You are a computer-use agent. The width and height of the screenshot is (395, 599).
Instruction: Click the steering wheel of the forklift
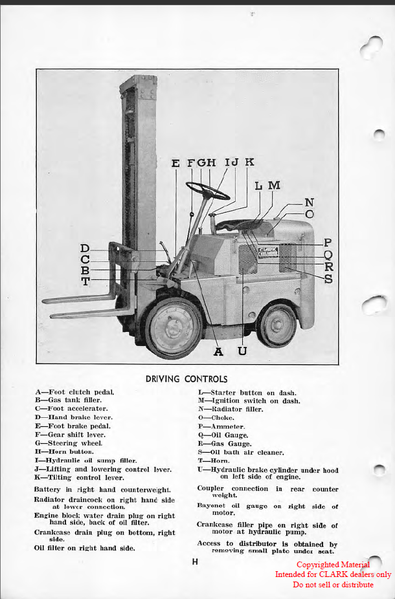[207, 191]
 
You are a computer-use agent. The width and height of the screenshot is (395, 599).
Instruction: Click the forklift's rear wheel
[276, 325]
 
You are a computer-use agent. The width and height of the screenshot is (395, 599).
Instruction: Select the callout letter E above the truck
[175, 163]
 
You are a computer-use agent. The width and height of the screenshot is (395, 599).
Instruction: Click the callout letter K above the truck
[249, 162]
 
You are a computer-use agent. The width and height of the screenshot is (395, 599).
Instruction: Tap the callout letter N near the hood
[310, 202]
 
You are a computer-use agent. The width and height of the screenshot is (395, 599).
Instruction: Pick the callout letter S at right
[328, 279]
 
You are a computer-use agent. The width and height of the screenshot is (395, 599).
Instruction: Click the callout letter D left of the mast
[85, 248]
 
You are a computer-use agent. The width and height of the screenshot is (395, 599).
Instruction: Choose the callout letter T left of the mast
[85, 281]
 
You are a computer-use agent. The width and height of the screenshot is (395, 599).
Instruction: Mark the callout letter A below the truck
[218, 351]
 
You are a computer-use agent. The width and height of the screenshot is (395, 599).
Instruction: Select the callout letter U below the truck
[242, 351]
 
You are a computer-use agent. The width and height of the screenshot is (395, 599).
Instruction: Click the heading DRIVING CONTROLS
[186, 378]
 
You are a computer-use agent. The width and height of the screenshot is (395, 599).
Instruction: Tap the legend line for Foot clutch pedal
[75, 392]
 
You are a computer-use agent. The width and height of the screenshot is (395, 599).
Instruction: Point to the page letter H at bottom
[195, 561]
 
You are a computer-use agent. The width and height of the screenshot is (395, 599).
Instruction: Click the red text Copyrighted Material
[333, 565]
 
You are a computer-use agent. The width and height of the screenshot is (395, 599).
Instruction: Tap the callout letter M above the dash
[274, 186]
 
